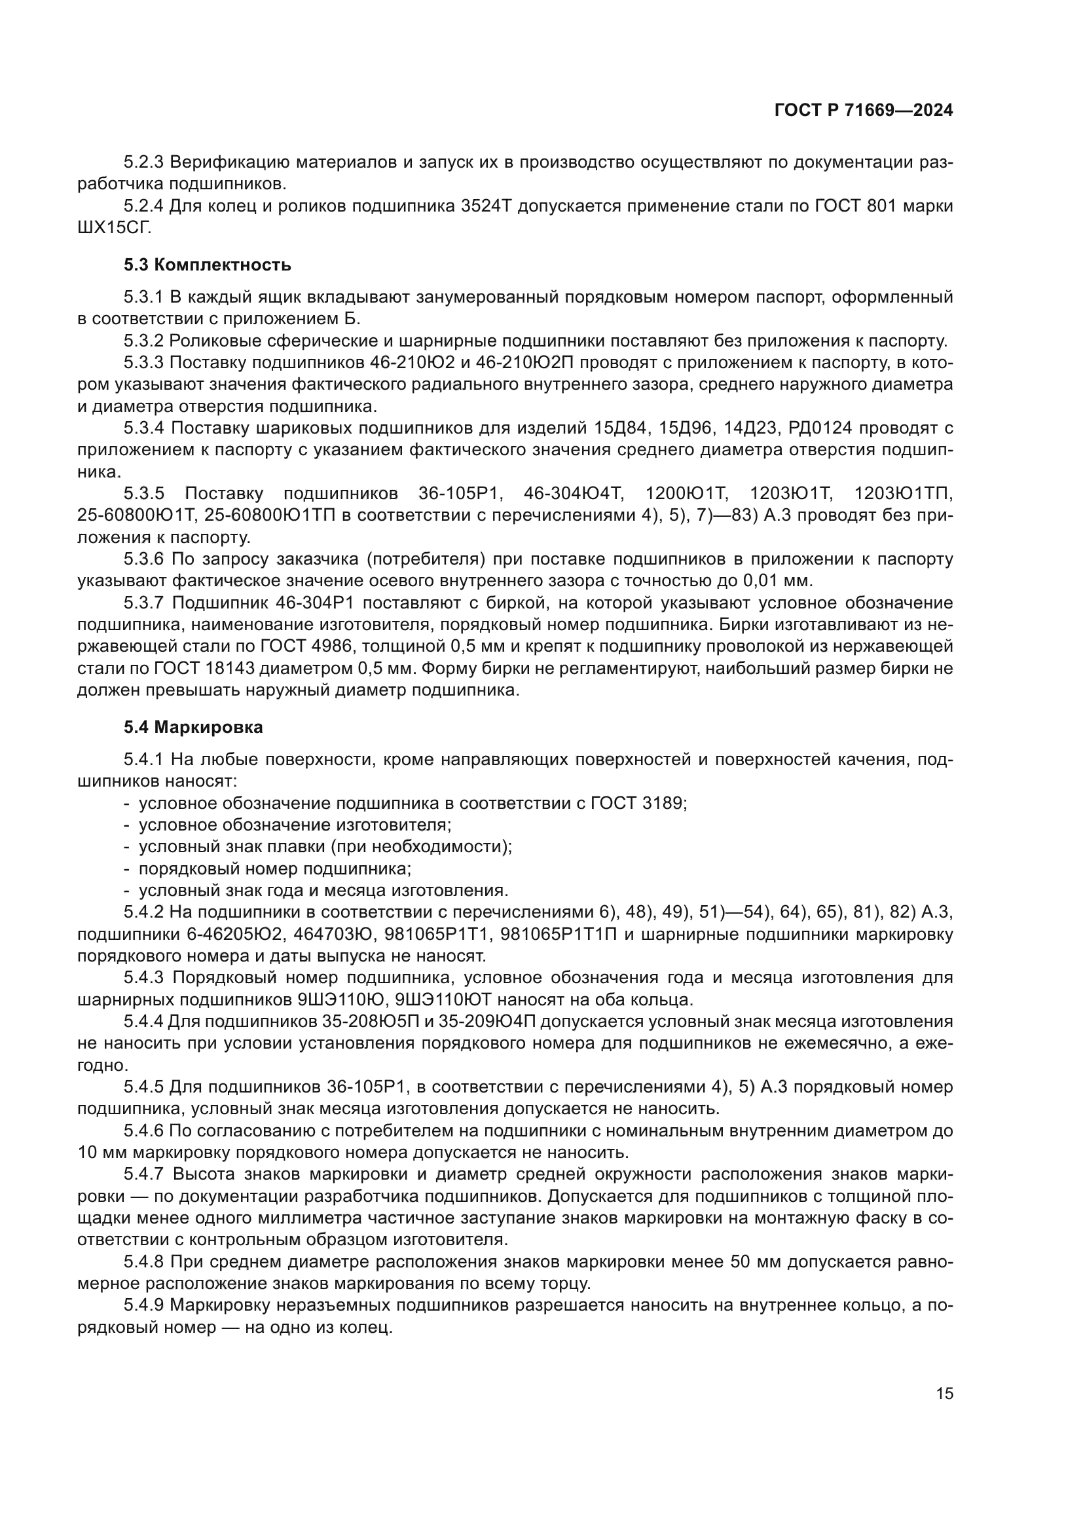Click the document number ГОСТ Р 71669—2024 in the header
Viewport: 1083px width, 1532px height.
[864, 111]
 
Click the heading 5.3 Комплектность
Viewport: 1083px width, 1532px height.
[208, 265]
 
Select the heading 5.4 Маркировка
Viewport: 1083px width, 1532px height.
[193, 727]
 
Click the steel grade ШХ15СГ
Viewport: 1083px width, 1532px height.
[114, 228]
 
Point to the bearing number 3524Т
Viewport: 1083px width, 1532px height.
[485, 206]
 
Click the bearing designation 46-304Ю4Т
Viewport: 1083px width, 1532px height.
[573, 494]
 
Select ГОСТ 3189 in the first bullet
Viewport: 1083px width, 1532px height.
[638, 804]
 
